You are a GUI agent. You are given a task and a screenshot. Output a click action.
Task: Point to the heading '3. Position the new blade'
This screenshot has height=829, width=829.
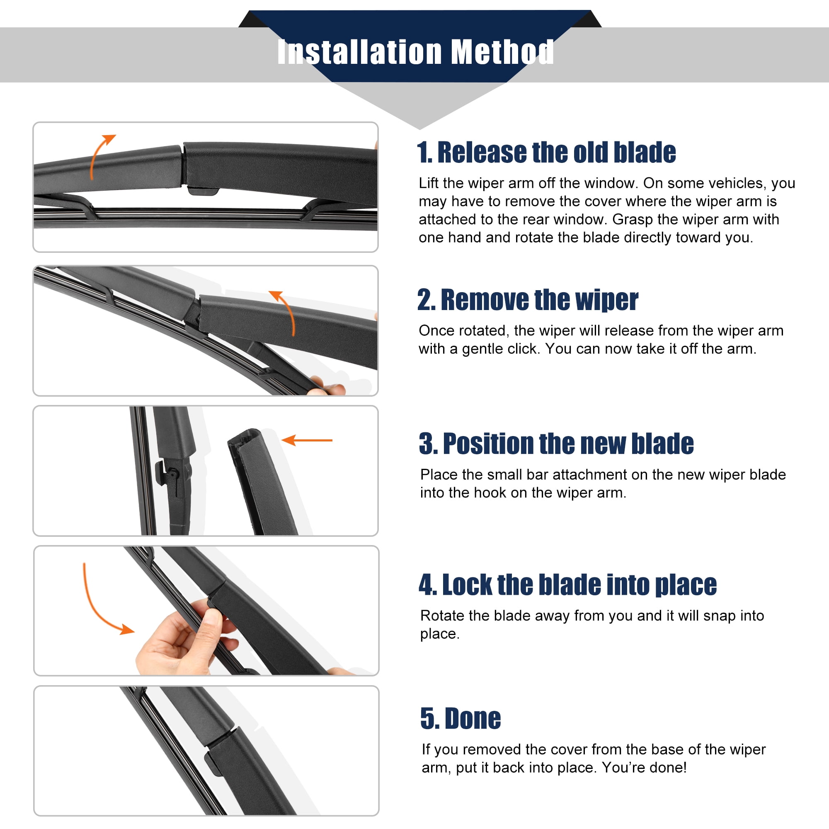[556, 443]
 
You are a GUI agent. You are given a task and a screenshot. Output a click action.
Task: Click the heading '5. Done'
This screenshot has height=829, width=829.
[461, 718]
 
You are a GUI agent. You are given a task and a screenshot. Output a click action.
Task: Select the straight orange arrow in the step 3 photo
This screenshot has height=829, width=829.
[307, 440]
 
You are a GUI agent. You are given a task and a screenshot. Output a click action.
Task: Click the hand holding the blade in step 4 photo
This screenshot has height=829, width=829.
[184, 639]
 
